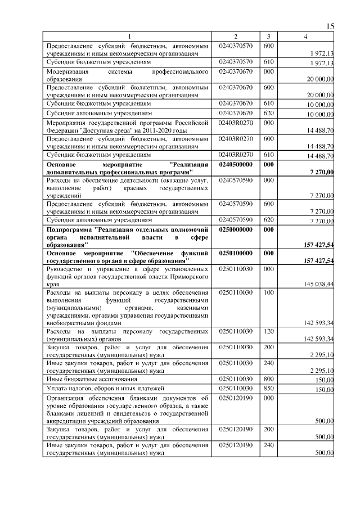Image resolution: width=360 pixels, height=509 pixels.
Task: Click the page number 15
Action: click(x=330, y=26)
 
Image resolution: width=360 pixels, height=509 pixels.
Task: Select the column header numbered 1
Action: click(x=129, y=37)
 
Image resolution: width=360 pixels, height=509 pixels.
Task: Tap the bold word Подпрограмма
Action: click(x=70, y=230)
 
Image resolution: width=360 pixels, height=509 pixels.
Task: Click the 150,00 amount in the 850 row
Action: click(x=323, y=390)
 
